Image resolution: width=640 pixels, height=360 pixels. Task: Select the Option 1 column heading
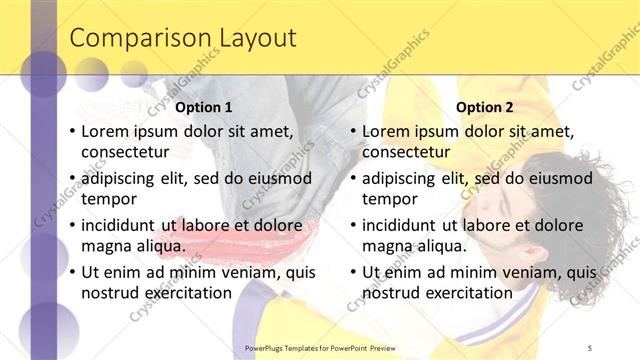(204, 107)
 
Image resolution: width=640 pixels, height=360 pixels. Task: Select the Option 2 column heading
(485, 107)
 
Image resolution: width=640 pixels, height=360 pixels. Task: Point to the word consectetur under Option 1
(125, 152)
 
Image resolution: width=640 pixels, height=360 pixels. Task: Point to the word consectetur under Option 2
(406, 152)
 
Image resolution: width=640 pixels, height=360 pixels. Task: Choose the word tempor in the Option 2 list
(389, 198)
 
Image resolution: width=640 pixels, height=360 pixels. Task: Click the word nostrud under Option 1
(110, 292)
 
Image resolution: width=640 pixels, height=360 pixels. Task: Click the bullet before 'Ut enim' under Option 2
(353, 272)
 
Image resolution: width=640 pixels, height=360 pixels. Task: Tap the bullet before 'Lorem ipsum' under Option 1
(72, 132)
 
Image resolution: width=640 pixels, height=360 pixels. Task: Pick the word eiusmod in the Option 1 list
(280, 178)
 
